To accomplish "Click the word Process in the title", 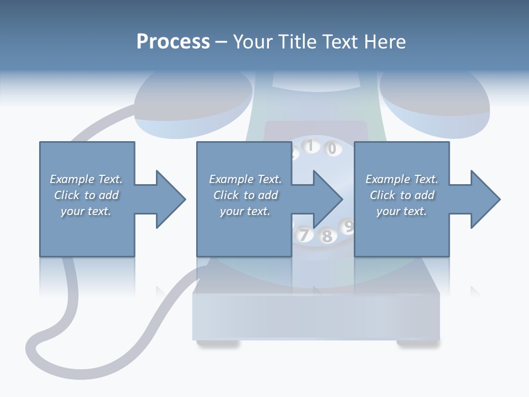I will point(173,42).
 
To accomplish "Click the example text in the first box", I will point(86,195).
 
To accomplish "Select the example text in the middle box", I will point(245,195).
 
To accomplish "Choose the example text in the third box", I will point(402,195).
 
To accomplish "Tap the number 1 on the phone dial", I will point(310,146).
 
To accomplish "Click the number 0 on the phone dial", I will point(332,148).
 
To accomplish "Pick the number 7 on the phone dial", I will point(303,235).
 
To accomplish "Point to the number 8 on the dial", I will point(327,237).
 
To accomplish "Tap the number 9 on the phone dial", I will point(348,226).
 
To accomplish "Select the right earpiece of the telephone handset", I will point(435,99).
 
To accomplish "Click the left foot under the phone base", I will point(218,344).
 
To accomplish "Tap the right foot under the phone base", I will point(418,344).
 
